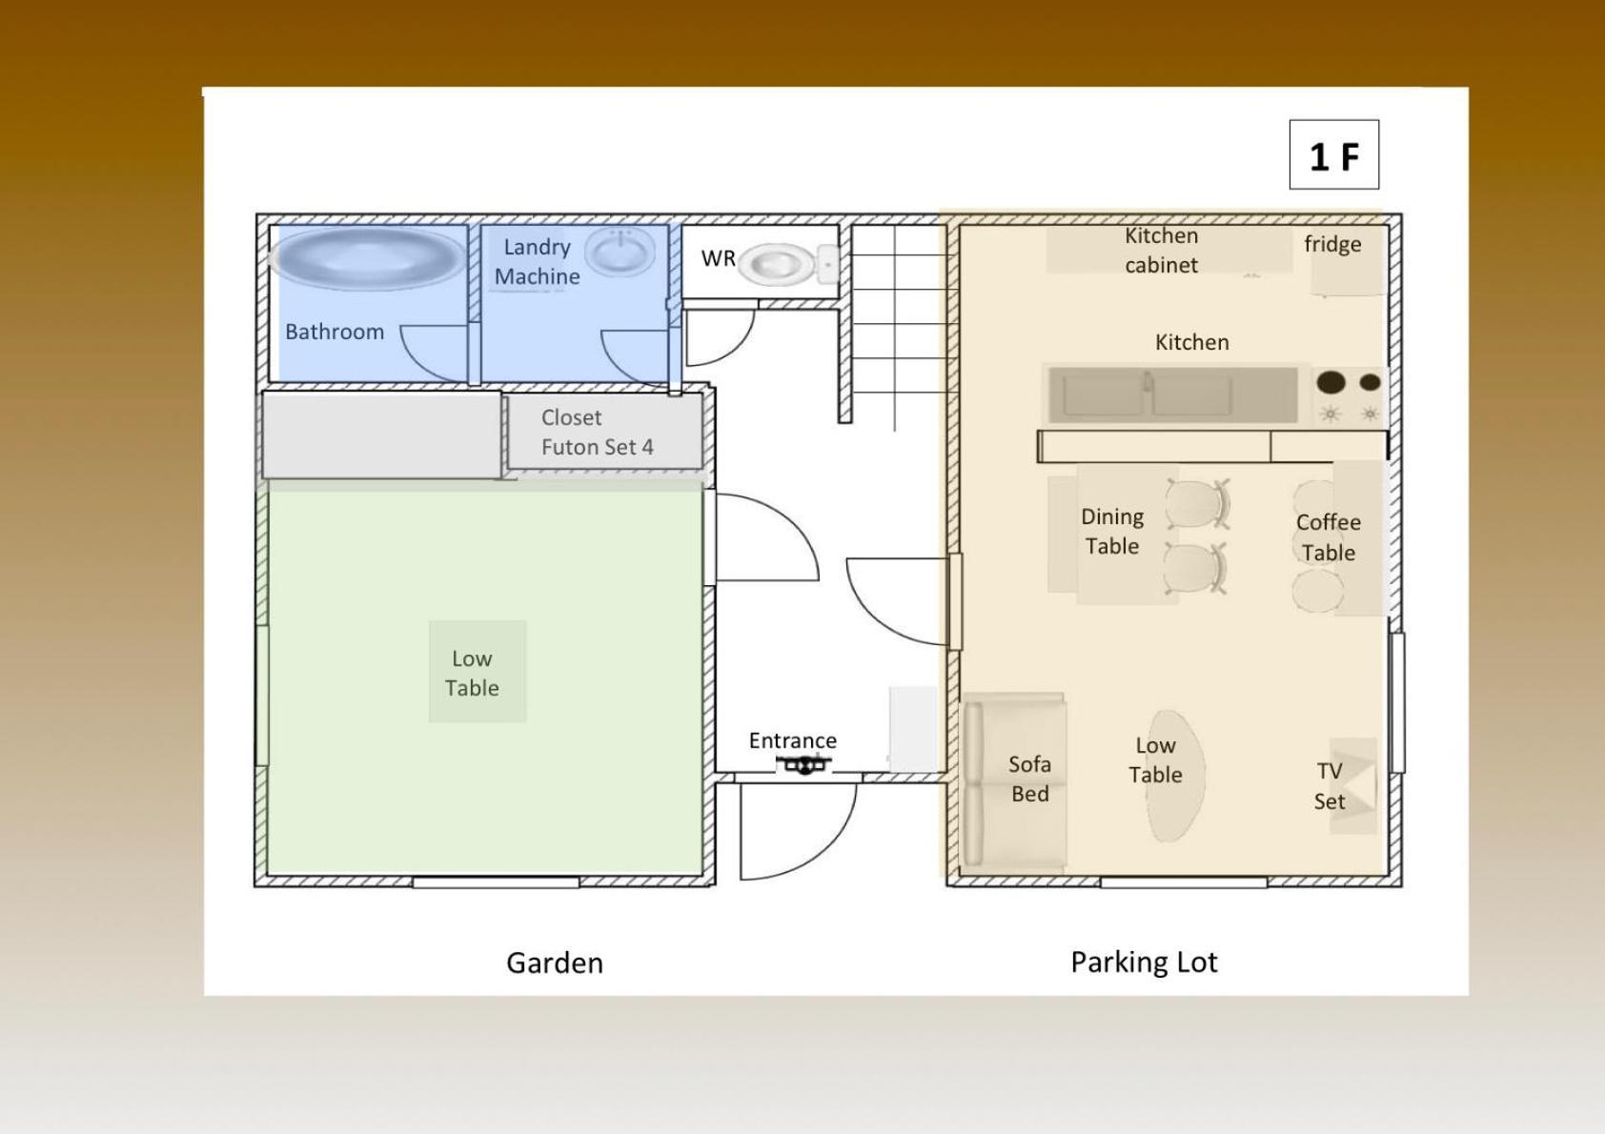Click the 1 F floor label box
pos(1334,154)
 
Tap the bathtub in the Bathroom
pos(368,258)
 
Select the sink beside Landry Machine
pos(620,252)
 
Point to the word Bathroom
pos(335,332)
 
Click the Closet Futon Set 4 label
pos(597,432)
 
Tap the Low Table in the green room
pos(477,671)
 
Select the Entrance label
pos(792,740)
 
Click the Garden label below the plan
pos(555,962)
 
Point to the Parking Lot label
pos(1144,962)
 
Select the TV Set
pos(1352,786)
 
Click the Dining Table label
pos(1112,532)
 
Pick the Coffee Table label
pos(1329,537)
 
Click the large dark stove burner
pos(1331,382)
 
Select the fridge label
pos(1332,244)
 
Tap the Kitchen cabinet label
pos(1161,250)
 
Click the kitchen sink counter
pos(1173,395)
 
